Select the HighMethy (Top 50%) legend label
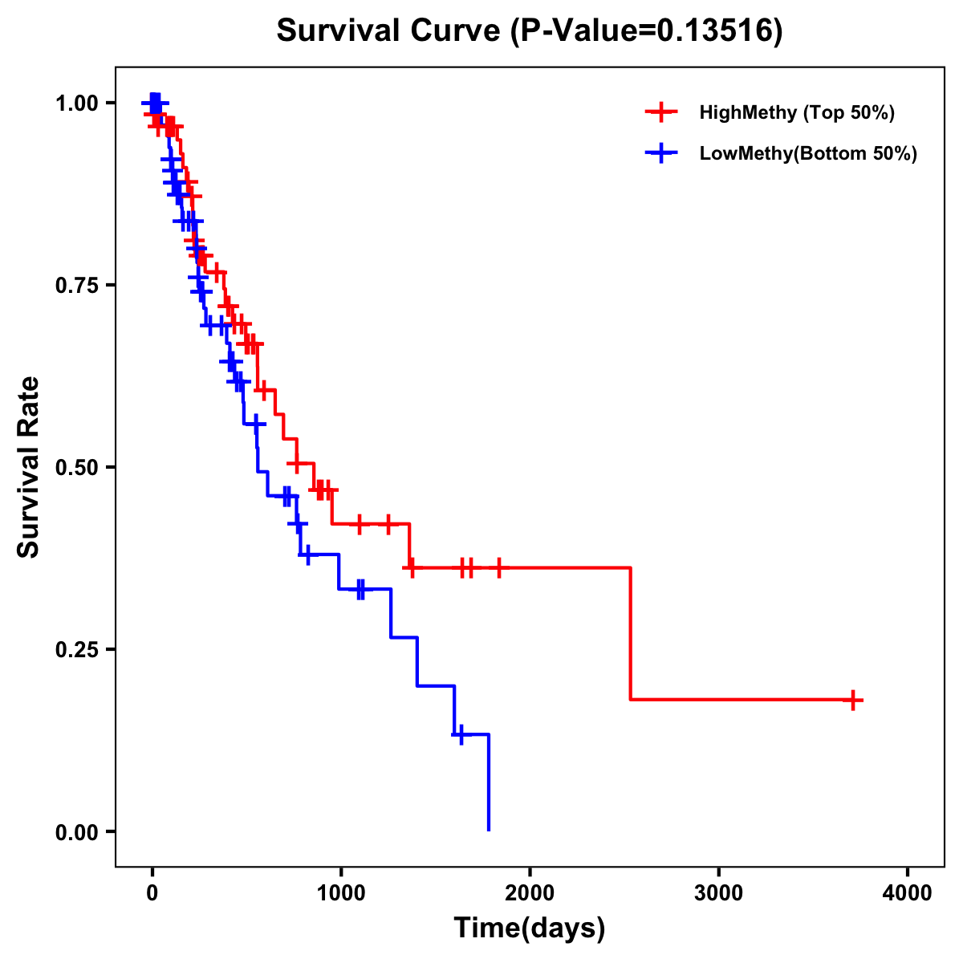coord(797,112)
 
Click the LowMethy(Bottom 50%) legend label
coord(808,153)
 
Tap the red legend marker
coord(660,112)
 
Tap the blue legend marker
coord(660,153)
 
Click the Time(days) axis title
coord(530,928)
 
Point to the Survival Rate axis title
coord(29,466)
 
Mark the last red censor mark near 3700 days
coord(853,700)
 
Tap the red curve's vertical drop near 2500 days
coord(631,634)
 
